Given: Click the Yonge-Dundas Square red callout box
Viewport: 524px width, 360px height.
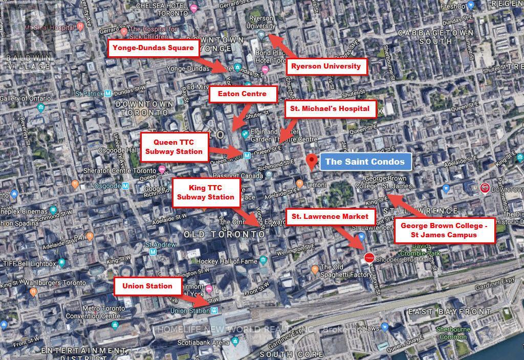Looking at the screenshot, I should click(x=153, y=49).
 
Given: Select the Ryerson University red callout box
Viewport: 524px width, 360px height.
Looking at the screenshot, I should click(x=326, y=66).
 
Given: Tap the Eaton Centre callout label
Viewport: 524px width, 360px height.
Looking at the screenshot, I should click(x=243, y=94).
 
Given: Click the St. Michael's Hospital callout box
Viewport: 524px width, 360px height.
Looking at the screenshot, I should click(x=330, y=109).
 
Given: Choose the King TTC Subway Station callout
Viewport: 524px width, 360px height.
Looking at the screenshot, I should click(x=204, y=192).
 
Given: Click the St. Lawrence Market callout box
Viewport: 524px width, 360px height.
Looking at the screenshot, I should click(x=330, y=216).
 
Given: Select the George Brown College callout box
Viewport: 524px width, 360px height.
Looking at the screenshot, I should click(x=444, y=230).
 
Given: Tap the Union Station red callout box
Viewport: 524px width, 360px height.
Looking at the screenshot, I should click(x=147, y=286).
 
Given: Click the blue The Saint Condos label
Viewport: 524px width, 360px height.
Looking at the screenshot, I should click(x=365, y=162).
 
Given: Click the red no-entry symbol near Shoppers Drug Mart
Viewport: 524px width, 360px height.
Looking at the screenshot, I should click(x=369, y=258).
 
